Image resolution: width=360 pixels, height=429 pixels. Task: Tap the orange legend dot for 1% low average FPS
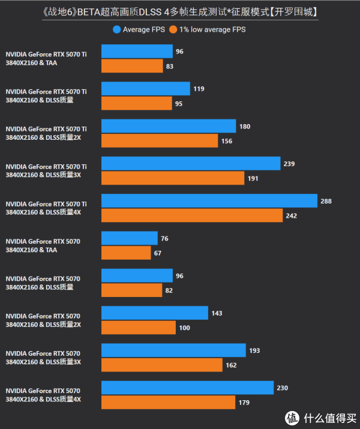click(173, 29)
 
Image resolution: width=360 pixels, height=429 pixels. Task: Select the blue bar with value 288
click(209, 201)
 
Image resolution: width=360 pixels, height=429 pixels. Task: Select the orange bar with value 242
click(192, 215)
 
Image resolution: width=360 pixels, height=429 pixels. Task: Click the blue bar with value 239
click(191, 164)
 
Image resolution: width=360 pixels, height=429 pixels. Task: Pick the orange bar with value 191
click(173, 178)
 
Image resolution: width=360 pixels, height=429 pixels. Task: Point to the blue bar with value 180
click(169, 126)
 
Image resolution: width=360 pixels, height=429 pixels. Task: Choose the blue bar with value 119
click(146, 89)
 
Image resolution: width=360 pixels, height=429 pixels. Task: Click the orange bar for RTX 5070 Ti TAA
click(132, 66)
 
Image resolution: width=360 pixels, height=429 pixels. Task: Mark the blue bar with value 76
click(130, 238)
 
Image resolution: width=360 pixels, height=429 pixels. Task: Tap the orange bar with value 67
click(126, 253)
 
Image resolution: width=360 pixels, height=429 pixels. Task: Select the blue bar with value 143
click(155, 313)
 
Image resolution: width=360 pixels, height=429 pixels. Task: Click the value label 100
click(185, 328)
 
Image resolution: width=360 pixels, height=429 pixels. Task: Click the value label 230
click(283, 388)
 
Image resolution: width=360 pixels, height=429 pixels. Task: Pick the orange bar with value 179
click(169, 402)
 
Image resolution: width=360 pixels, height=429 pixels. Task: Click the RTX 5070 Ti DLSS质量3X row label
click(46, 170)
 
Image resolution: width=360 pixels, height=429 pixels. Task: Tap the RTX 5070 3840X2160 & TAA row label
click(43, 245)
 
